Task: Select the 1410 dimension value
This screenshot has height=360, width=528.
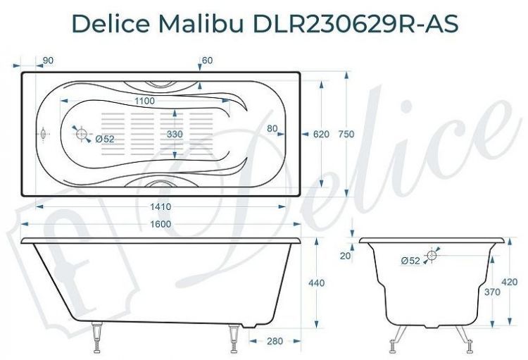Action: click(161, 207)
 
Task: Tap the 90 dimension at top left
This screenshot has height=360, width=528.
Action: click(48, 61)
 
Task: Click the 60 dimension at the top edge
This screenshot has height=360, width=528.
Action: click(206, 61)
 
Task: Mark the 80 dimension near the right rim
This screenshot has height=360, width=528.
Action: click(273, 129)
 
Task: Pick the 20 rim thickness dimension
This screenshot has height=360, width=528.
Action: click(346, 256)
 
